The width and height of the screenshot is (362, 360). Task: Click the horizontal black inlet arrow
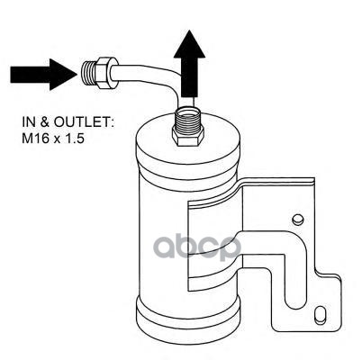(x=42, y=75)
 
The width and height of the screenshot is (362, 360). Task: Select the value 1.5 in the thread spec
(x=74, y=139)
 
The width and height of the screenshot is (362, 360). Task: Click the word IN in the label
(x=29, y=122)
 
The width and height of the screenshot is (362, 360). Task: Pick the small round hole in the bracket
(x=298, y=219)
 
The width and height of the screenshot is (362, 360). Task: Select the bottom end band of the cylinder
(x=188, y=315)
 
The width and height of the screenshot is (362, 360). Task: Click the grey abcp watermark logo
(x=197, y=247)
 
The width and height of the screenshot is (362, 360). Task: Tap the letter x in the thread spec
(x=56, y=139)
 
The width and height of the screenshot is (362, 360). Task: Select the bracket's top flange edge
(x=276, y=181)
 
